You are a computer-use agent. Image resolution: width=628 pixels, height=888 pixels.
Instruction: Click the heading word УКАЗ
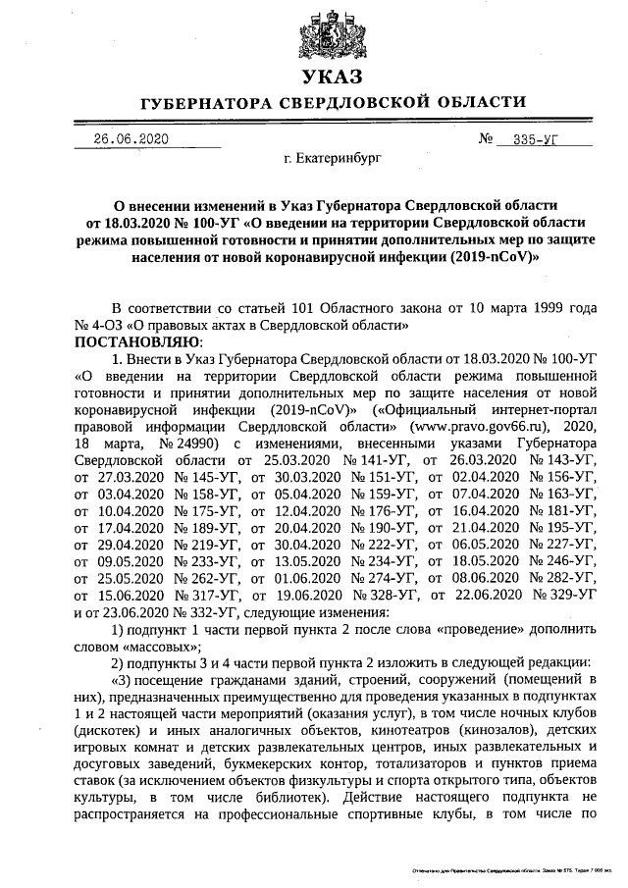tap(333, 77)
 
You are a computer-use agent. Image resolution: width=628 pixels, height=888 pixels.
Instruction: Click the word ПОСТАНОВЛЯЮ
tap(136, 341)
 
